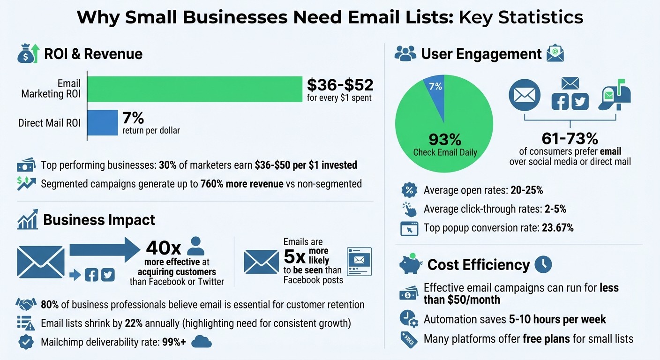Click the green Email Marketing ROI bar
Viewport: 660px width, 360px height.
pos(195,89)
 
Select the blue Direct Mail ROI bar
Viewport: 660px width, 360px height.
pos(103,123)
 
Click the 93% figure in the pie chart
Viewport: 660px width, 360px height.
pos(444,139)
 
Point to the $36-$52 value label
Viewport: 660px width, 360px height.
pos(340,85)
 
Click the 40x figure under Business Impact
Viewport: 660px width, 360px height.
pos(164,247)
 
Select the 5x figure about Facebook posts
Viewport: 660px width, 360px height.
pos(295,257)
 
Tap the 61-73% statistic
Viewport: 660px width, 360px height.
pos(570,138)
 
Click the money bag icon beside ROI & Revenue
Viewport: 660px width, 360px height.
pos(27,54)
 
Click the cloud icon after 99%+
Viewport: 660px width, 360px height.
pos(202,342)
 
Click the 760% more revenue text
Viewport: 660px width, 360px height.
pos(241,184)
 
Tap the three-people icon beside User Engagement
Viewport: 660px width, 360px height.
pos(405,54)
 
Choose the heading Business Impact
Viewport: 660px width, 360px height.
pos(99,220)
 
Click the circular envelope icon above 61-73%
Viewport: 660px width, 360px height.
pos(525,95)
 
